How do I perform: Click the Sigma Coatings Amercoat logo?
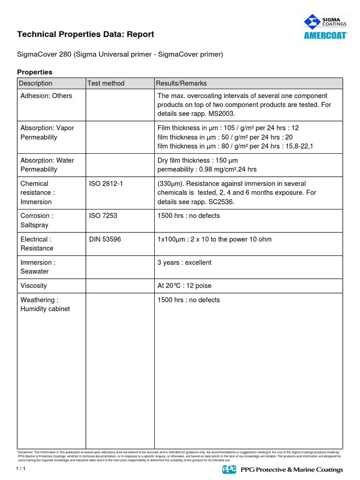[x=325, y=27]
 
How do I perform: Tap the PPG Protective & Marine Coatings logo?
[x=282, y=470]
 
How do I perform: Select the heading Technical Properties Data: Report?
[x=85, y=34]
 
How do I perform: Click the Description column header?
[x=36, y=83]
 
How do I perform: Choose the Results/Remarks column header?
[x=182, y=83]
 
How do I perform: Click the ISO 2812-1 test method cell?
[x=106, y=184]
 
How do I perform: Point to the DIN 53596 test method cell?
[x=105, y=240]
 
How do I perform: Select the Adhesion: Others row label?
[x=46, y=96]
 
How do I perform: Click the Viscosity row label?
[x=34, y=286]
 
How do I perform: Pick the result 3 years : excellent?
[x=184, y=262]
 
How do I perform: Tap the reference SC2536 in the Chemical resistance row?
[x=218, y=202]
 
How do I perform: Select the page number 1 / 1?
[x=22, y=469]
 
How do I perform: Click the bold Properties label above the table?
[x=35, y=72]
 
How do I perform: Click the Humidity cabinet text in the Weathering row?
[x=45, y=309]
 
